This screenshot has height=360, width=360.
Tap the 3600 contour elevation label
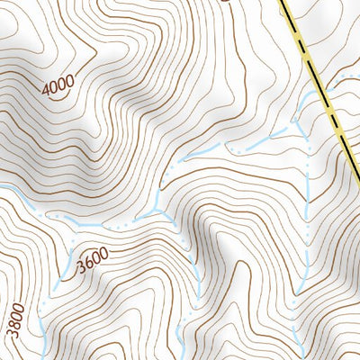pos(93,261)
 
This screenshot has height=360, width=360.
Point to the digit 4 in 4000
pos(46,93)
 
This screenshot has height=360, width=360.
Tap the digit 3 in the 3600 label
pos(81,268)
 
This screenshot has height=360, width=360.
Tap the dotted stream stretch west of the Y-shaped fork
pos(108,220)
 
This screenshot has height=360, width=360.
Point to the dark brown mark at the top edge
pos(225,2)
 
